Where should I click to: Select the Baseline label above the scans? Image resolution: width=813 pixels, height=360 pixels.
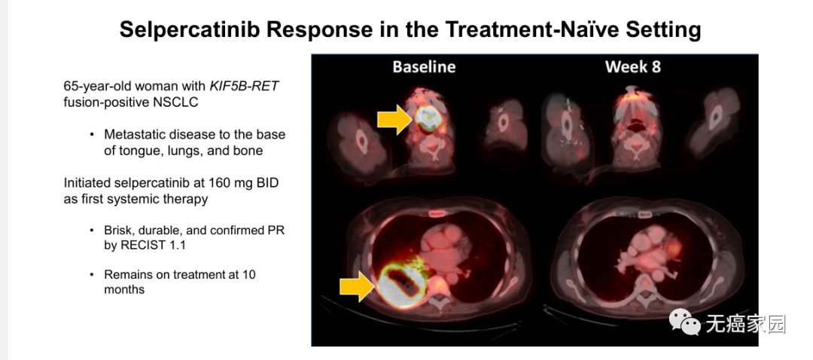click(424, 67)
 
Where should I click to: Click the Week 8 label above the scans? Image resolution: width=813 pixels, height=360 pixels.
click(632, 67)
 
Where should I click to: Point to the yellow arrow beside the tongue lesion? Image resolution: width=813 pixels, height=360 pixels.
click(394, 119)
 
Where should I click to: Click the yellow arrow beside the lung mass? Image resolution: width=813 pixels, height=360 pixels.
click(358, 287)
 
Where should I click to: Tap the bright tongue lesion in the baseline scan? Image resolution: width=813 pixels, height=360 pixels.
click(428, 119)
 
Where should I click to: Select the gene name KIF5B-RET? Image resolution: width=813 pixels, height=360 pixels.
click(244, 86)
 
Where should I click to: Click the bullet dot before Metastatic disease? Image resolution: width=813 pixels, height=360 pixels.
click(92, 135)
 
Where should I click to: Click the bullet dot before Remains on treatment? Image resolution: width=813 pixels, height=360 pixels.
click(92, 274)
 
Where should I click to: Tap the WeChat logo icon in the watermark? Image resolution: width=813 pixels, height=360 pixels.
click(684, 322)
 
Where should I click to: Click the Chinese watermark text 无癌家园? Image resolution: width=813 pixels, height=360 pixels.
click(745, 324)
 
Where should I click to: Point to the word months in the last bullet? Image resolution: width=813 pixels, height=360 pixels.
click(124, 289)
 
